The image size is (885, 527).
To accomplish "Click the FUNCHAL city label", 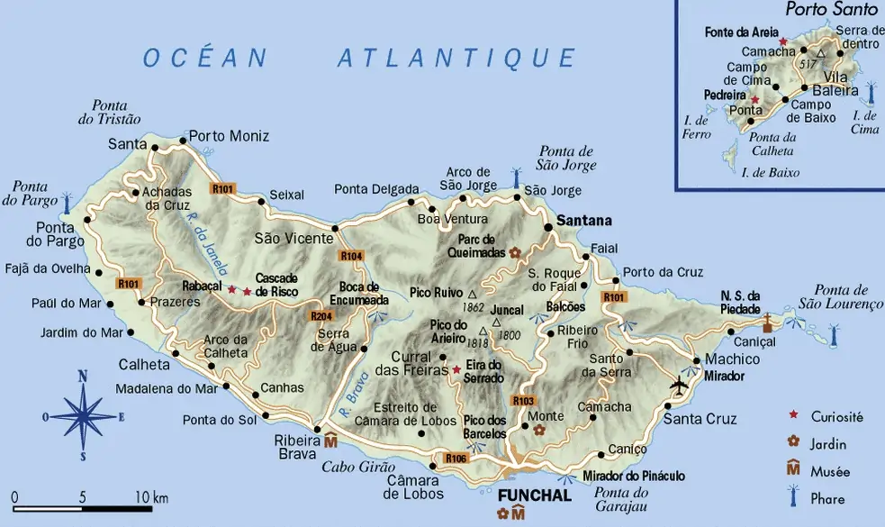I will pyautogui.click(x=534, y=495).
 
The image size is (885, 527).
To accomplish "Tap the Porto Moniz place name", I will pyautogui.click(x=229, y=136).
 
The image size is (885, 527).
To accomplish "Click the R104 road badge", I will pyautogui.click(x=351, y=257).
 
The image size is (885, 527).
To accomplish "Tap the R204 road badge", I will pyautogui.click(x=321, y=316).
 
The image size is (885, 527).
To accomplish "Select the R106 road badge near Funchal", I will pyautogui.click(x=456, y=459).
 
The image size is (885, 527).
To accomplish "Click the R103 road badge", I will pyautogui.click(x=523, y=400).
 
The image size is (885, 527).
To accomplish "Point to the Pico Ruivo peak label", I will pyautogui.click(x=437, y=293).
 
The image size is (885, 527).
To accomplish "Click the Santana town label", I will pyautogui.click(x=583, y=220).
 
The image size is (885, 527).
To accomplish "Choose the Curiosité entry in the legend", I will pyautogui.click(x=836, y=416).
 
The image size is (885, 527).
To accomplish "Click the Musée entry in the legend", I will pyautogui.click(x=830, y=471).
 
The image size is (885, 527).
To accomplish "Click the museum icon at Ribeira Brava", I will pyautogui.click(x=330, y=441).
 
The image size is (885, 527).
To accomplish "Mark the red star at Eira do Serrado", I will pyautogui.click(x=456, y=368).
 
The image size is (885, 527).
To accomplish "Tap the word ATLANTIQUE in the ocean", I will pyautogui.click(x=456, y=59).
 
